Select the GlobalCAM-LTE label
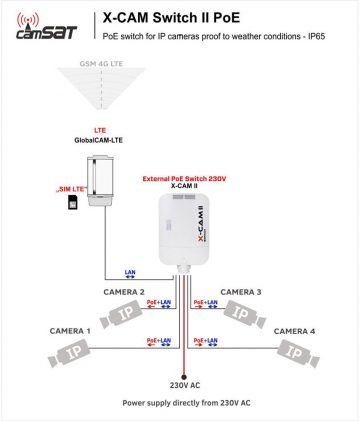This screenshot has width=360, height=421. (x=99, y=142)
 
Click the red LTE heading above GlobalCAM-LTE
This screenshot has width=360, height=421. (x=99, y=131)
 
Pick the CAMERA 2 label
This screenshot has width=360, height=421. (x=124, y=291)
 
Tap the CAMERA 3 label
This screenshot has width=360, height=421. (x=241, y=291)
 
